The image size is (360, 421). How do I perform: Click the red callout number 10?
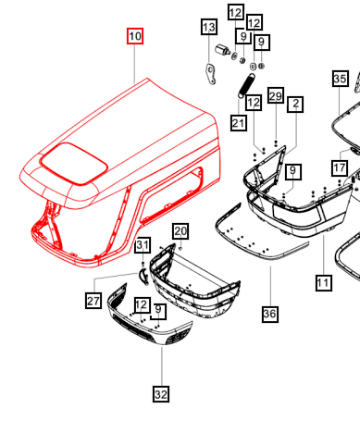136,37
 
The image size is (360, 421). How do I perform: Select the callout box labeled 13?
209,28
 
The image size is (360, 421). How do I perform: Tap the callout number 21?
239,124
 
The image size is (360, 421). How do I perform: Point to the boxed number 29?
275,96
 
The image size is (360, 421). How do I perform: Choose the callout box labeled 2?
296,105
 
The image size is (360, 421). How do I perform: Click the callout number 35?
341,80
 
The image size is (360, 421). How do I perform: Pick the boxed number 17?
341,168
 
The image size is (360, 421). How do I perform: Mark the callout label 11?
323,283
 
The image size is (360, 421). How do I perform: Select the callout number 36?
269,315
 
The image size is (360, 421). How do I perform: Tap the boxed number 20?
180,230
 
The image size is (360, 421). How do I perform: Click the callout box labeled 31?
142,246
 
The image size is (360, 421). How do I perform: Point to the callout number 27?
93,300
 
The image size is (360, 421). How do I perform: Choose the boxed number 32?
161,394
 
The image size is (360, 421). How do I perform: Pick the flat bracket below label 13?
211,72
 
